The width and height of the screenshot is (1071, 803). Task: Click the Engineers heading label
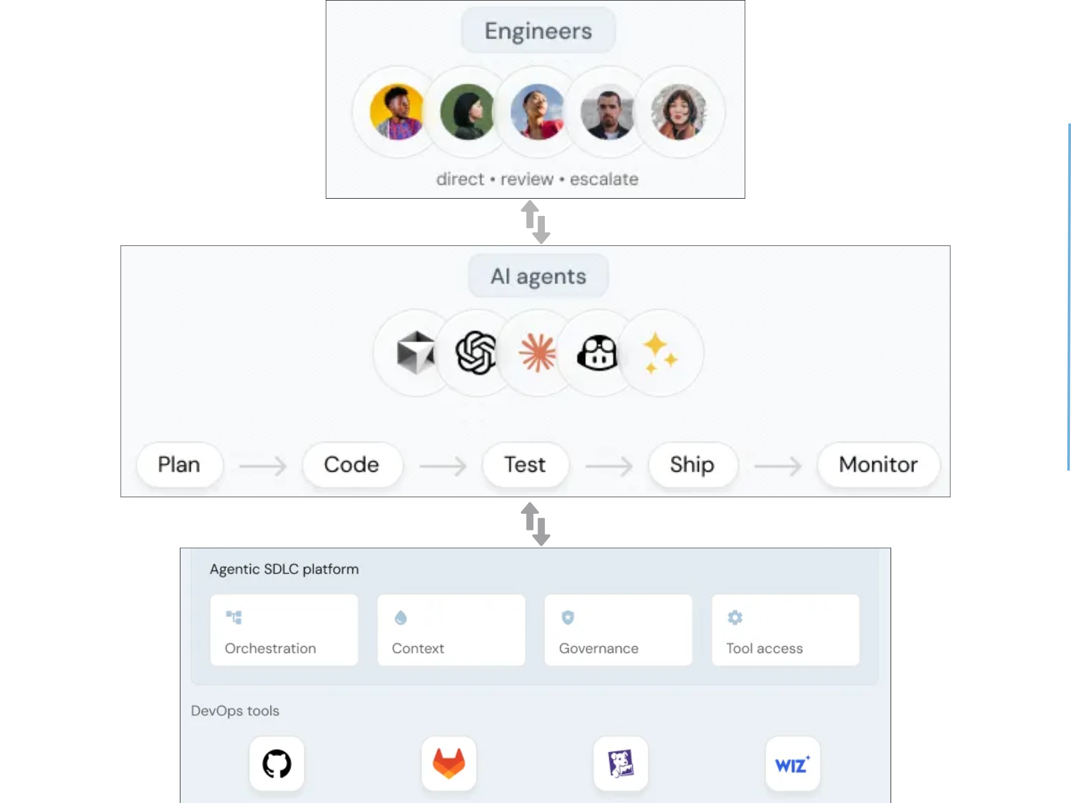[x=538, y=31]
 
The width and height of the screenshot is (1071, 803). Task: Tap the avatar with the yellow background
[x=397, y=112]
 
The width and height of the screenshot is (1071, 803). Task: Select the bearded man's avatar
[x=608, y=112]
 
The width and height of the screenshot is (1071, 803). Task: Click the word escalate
[x=604, y=179]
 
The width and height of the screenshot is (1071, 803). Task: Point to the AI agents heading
[x=538, y=276]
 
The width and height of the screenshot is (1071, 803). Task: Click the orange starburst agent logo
[x=537, y=353]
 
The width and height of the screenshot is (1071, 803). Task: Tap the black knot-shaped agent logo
[x=476, y=353]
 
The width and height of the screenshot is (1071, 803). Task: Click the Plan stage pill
[x=179, y=465]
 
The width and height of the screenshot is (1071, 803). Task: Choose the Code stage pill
[x=352, y=465]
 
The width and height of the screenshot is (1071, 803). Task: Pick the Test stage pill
[x=525, y=465]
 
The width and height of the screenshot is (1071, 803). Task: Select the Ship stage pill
[x=692, y=465]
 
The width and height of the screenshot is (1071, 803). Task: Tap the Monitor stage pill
[x=878, y=465]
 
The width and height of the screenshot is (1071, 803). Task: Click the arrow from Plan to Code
[x=263, y=465]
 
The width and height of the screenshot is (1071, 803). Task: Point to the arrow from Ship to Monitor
[x=777, y=465]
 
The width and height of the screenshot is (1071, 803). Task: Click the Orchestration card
[x=284, y=630]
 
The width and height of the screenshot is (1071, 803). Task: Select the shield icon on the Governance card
[x=567, y=617]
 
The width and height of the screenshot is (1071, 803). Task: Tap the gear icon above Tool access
[x=735, y=617]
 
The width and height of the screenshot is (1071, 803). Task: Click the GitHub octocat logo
[x=277, y=764]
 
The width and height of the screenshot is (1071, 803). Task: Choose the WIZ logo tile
[x=792, y=764]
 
